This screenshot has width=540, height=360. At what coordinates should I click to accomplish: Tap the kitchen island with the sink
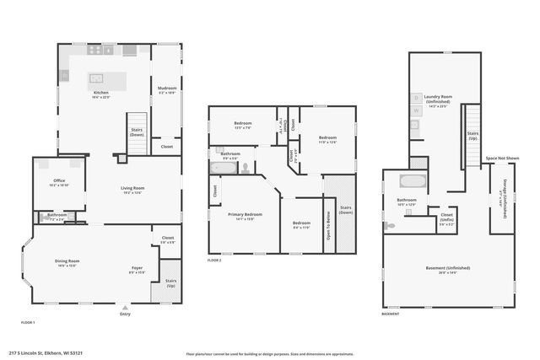[108, 79]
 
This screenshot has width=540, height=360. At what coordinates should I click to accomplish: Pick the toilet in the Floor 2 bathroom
[246, 168]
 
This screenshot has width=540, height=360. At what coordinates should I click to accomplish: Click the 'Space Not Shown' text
[502, 158]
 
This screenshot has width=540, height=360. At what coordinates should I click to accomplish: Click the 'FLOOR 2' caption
[214, 261]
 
